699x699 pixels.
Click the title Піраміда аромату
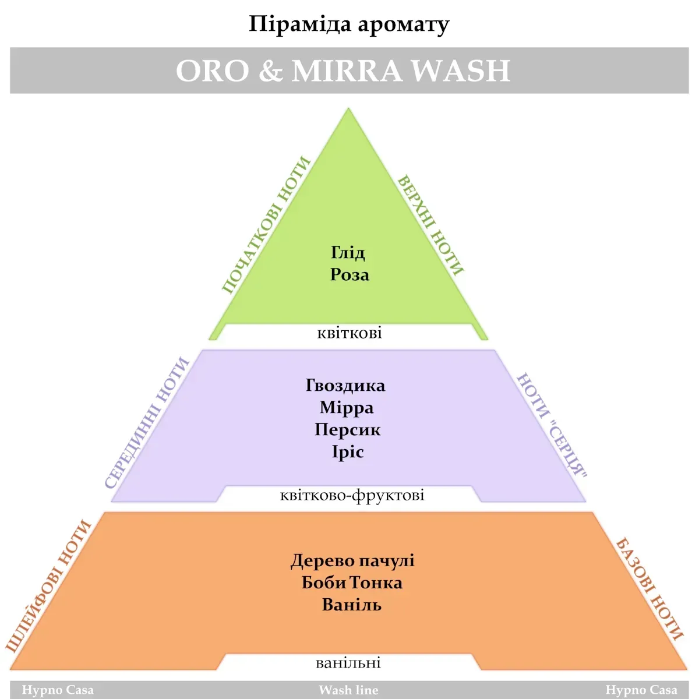click(x=349, y=24)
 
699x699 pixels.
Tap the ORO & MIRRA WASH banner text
click(x=343, y=70)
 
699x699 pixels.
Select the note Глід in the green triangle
click(x=348, y=252)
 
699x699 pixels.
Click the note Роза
click(x=349, y=274)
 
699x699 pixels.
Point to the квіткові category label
click(x=349, y=333)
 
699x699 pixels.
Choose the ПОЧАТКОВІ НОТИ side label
click(x=266, y=225)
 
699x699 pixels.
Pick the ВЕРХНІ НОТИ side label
click(x=430, y=225)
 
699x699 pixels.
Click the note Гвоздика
click(x=345, y=386)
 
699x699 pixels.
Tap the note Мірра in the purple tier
click(x=347, y=408)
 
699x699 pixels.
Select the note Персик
click(x=347, y=430)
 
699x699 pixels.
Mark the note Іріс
click(x=348, y=452)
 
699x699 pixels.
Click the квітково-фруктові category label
click(x=352, y=496)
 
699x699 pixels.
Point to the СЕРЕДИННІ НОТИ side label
click(x=147, y=423)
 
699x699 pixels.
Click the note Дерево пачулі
click(x=352, y=561)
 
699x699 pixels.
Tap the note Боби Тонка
click(x=352, y=583)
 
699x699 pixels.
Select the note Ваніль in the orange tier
click(x=351, y=605)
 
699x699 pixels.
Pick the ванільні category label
click(x=348, y=663)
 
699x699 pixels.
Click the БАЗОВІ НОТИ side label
click(x=649, y=588)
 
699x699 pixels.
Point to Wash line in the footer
click(x=348, y=690)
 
